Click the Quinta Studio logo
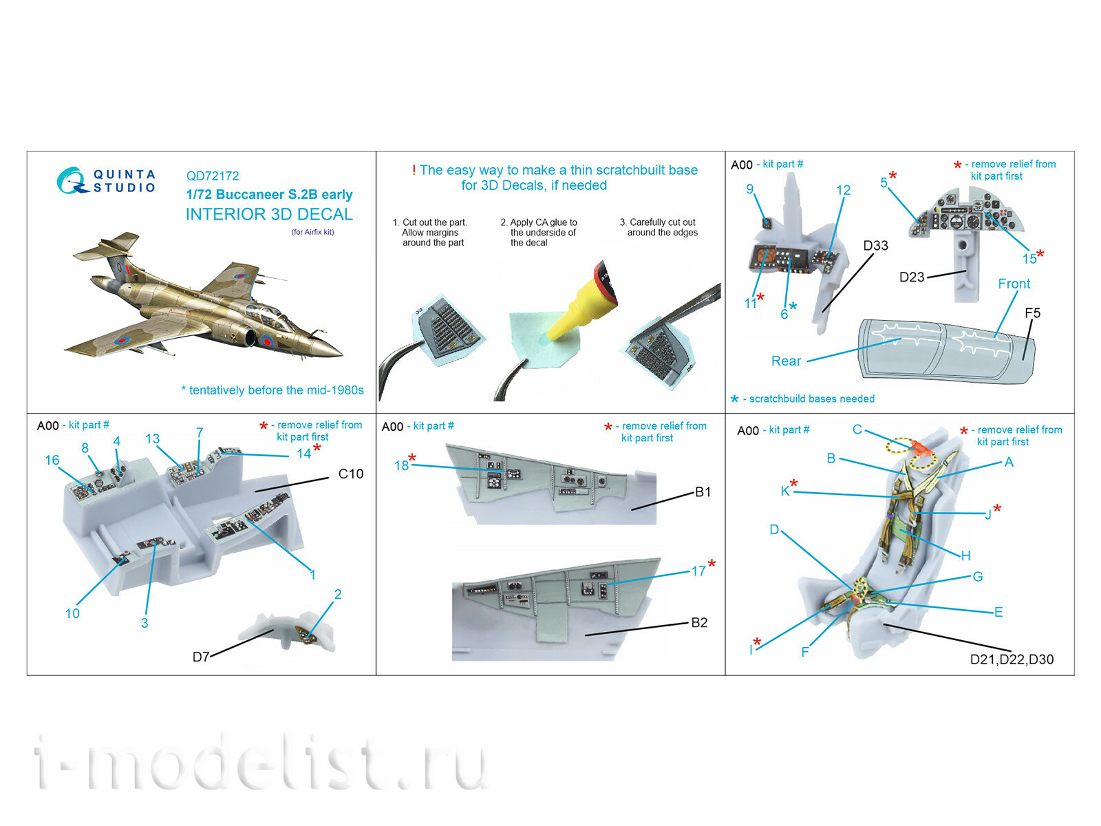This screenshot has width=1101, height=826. coord(107,180)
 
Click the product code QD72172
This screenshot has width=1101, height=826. coord(213,176)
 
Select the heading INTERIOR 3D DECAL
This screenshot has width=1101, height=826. coord(269,214)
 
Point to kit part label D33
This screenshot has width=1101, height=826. coord(875,246)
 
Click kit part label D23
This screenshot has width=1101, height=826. coord(912,277)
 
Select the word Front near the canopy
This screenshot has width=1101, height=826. coord(1014,284)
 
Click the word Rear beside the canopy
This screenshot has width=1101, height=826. coord(786,361)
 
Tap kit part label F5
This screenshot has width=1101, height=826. coord(1032,313)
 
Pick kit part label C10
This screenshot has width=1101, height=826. coord(351,474)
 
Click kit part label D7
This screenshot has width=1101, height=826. coord(200,657)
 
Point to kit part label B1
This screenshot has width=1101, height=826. coord(703,491)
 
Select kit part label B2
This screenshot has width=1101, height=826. coord(699,622)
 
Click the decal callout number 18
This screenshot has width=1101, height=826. coord(401,466)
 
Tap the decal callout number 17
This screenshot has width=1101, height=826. coord(698,571)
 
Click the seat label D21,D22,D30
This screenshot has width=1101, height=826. coord(1012,659)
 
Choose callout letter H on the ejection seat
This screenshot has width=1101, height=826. coord(965,555)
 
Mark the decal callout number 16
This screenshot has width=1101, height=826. coord(52,460)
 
